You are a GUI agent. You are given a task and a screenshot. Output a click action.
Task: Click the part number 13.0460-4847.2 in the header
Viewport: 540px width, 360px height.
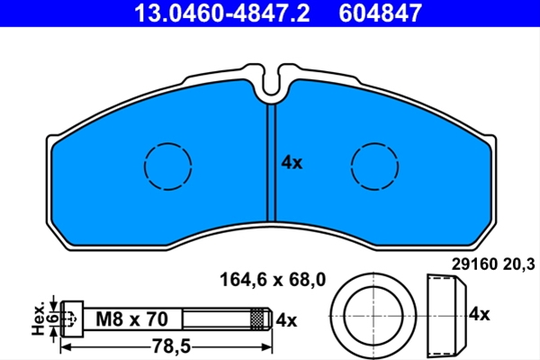click(221, 13)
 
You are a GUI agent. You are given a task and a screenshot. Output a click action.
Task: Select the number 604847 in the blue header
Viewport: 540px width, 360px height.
click(380, 13)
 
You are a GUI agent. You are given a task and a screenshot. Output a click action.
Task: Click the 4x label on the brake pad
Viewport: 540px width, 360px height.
click(292, 162)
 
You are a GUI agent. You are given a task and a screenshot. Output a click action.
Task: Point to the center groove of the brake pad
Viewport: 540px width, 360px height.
click(272, 163)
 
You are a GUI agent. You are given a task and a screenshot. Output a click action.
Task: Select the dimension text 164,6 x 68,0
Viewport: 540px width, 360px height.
click(273, 280)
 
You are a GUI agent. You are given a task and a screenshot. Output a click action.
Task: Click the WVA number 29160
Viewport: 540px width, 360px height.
click(474, 265)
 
